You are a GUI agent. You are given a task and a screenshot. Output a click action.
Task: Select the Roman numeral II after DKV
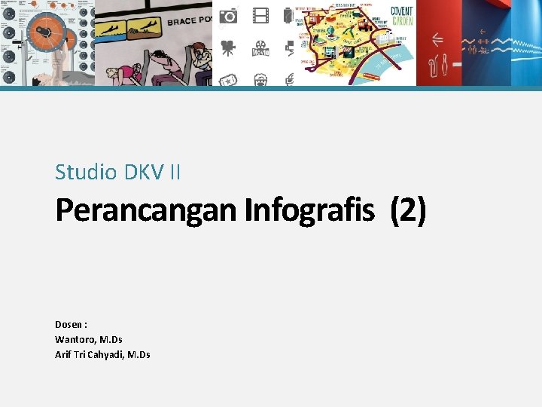[x=175, y=173]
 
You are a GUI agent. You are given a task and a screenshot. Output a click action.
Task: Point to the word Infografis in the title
[x=309, y=211]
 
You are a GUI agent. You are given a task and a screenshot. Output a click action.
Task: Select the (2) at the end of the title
[x=407, y=211]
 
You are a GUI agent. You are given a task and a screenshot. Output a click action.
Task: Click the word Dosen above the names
[x=69, y=324]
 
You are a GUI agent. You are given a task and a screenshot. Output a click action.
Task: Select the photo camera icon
[x=228, y=15]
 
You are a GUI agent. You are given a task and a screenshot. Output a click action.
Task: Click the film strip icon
[x=260, y=15]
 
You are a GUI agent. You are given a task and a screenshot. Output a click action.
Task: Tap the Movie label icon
[x=260, y=50]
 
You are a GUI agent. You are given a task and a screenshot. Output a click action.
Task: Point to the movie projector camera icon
[x=228, y=49]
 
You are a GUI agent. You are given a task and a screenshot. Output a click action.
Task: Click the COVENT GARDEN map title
[x=401, y=16]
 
